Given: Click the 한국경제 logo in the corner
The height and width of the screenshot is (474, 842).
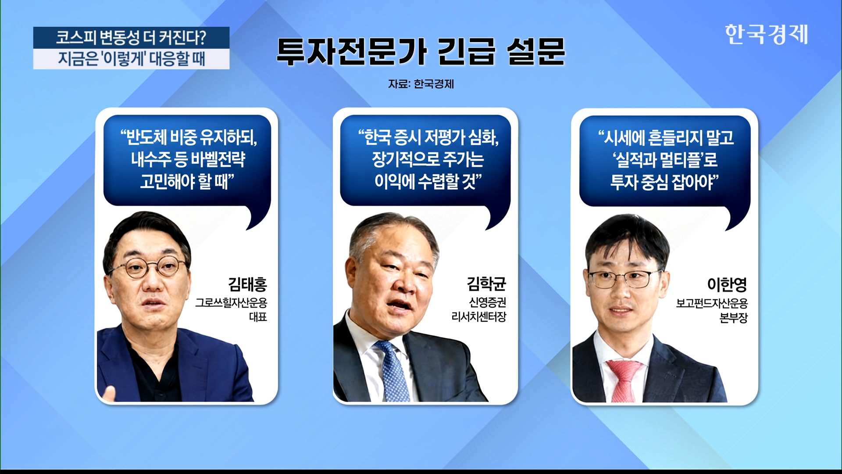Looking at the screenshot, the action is pos(766,34).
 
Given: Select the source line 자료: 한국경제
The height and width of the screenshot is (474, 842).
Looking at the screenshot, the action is pos(421,84).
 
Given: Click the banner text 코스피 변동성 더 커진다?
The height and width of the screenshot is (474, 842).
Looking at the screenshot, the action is pos(131,38).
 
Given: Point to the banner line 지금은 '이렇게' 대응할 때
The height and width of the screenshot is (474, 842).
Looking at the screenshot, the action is pos(131,59).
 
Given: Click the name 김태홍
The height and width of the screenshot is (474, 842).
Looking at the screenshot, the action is pos(247,284).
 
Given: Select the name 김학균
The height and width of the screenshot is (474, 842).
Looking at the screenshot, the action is pos(486,284).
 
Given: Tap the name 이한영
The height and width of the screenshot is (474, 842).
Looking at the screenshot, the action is pos(727,284).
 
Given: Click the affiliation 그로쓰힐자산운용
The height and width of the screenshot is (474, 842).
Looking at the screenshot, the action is pos(231,303).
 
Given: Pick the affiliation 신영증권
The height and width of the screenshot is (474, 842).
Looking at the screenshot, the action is pos(488,302).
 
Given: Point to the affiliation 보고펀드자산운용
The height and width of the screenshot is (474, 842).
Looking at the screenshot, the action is pos(712,303).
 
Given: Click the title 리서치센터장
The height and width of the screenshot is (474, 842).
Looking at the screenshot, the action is pos(479,316).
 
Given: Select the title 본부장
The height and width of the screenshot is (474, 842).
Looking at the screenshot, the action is pos(734,318).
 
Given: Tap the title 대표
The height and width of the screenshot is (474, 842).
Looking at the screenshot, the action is pos(258,317).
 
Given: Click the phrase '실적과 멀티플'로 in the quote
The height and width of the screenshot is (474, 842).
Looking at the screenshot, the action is pos(665,160).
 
